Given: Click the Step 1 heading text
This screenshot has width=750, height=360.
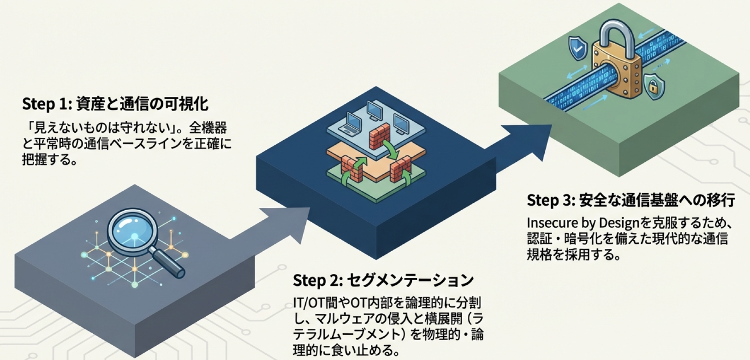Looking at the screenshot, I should click(115, 104).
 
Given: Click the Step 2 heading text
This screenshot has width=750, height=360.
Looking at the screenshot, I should click(383, 280).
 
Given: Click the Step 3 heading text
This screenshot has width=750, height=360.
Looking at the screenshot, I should click(631, 200).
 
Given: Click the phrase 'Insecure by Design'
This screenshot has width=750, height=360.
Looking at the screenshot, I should click(583, 223).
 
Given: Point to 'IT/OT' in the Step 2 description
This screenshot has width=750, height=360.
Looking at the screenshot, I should click(309, 303).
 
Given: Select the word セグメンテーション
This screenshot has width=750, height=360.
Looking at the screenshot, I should click(410, 280).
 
